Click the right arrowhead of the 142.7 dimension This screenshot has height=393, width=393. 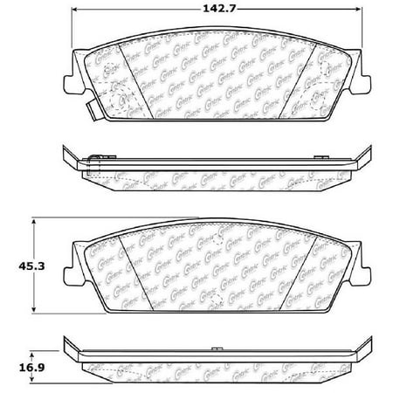(358, 10)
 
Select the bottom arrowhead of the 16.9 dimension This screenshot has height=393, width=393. (33, 366)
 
